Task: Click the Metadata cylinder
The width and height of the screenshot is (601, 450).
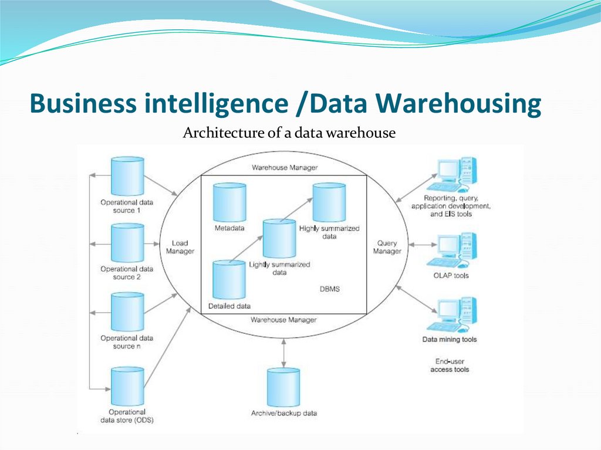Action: pos(229,202)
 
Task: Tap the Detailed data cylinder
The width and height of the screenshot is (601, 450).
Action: pos(228,280)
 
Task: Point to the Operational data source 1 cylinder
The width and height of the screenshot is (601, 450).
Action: pos(127,176)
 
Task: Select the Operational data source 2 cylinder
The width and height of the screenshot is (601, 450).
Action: pos(127,243)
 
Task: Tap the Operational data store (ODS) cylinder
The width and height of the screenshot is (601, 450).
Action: pos(127,386)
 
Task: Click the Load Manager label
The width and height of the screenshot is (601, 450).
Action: pos(180,247)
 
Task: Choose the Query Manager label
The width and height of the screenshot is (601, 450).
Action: pos(387,247)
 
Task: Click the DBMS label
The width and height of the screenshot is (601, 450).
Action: pos(329,289)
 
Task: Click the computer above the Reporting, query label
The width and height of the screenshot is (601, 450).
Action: pos(452,175)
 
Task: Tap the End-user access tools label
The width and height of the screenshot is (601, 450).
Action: pos(450,366)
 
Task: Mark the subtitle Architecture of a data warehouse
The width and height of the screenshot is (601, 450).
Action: pos(289,133)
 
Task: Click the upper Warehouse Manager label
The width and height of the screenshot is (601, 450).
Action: pos(285,167)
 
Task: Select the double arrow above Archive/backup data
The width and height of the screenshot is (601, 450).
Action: pos(284,351)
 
